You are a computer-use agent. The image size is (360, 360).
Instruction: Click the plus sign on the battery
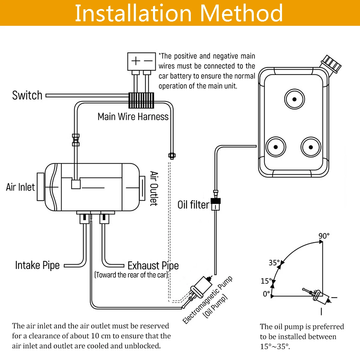coord(136,61)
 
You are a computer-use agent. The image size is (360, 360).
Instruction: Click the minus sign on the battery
coord(148,61)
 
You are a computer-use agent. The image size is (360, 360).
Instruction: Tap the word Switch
coord(27,95)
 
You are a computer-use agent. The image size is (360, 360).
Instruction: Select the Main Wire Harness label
coord(133,116)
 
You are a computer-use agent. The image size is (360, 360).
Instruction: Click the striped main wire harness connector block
coord(141,100)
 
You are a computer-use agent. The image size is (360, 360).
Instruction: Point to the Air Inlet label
coord(20,187)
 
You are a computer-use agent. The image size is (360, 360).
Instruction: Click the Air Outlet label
coord(154,188)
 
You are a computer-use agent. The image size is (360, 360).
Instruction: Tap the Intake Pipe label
coord(37,265)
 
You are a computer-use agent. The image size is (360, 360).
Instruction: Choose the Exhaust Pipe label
coord(153,265)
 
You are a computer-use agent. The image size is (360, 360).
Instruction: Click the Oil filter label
coord(193,205)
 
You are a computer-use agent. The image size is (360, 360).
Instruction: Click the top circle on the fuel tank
coord(294,99)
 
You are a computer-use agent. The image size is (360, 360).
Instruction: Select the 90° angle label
coord(324,236)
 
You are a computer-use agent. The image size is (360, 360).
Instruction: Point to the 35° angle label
coord(274,263)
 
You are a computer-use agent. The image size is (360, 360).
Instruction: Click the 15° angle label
coord(266,281)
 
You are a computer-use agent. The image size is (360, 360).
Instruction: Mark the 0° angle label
coord(266,294)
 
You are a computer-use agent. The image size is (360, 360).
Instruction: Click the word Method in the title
coord(241,13)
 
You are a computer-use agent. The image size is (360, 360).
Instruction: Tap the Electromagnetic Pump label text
coord(207,300)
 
